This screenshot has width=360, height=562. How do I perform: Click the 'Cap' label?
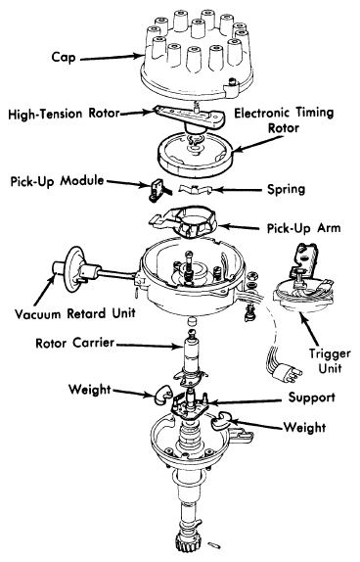coord(64,58)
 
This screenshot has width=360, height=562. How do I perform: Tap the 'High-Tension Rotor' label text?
coord(64,114)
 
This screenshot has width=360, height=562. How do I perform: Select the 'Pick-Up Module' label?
coord(57,181)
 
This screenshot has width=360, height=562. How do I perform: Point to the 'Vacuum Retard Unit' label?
coord(75,313)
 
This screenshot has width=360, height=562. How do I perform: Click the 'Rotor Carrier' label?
coord(75,343)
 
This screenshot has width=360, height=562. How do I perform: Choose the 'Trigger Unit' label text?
coord(330,361)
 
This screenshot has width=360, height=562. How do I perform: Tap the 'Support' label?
coord(312,398)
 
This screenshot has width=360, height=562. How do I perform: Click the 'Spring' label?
coord(287,189)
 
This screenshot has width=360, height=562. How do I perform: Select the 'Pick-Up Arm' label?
coord(304,228)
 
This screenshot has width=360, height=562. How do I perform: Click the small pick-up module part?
coord(157,190)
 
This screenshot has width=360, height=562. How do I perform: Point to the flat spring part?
coord(196,189)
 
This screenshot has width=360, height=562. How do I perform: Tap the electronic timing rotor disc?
coord(196,154)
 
